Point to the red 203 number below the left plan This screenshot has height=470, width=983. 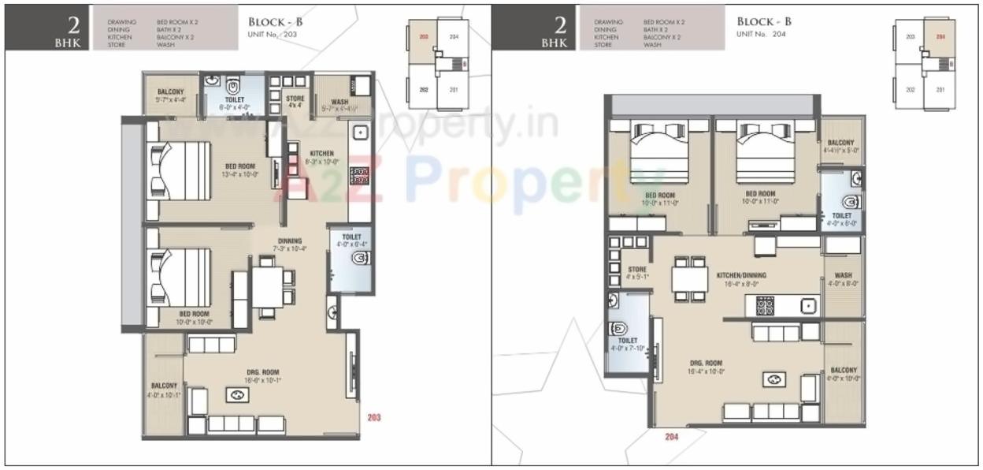(x=373, y=417)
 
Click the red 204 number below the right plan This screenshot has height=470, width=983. (x=671, y=437)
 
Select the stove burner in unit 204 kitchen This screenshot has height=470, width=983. (x=766, y=305)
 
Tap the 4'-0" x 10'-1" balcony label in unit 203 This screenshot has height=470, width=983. (x=165, y=390)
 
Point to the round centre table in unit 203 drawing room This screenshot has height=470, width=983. (x=236, y=396)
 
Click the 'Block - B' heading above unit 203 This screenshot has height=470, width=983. (x=275, y=22)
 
